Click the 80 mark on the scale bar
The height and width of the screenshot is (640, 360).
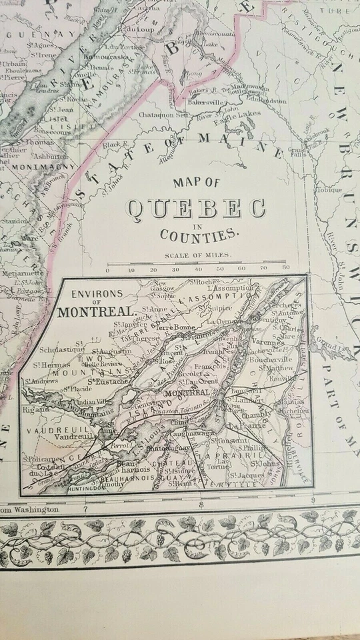286,270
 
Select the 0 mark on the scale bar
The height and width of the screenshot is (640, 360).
108,270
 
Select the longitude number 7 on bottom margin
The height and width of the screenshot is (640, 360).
85,509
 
